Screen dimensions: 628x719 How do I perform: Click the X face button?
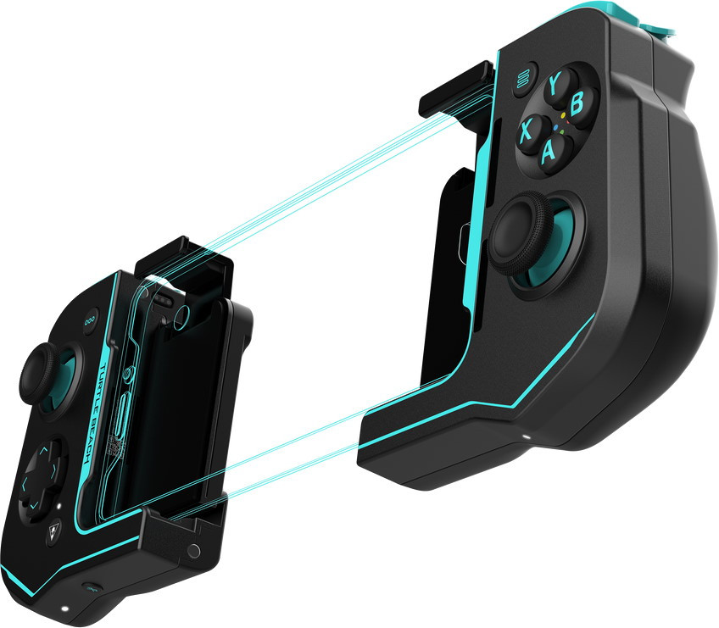coord(527,131)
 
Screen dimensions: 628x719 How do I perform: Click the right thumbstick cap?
coord(520,232)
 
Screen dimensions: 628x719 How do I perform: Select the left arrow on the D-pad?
coord(25,484)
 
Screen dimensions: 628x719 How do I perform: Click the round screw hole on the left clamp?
coord(194,552)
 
